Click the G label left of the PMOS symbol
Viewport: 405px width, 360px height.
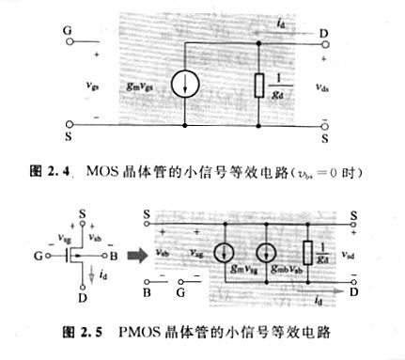coord(39,254)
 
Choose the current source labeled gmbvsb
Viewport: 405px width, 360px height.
coord(269,253)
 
